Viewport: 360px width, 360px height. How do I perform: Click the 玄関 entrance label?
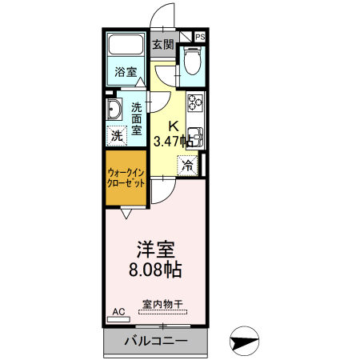[162, 45]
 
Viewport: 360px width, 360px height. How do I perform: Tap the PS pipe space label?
[199, 37]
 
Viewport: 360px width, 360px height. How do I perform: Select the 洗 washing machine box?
[118, 135]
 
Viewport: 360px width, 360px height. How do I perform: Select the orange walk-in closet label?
[126, 178]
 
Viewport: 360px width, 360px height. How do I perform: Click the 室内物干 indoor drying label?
[162, 304]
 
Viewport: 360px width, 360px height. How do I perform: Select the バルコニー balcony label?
[156, 342]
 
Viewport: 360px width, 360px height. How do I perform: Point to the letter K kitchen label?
[172, 126]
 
